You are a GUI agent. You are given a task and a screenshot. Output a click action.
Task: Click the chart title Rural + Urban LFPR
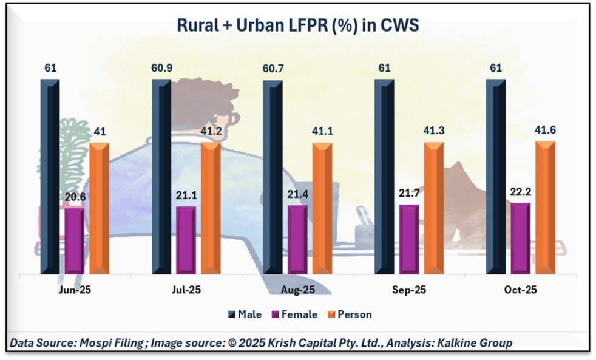297,25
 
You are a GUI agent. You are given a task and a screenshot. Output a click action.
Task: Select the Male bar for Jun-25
50,176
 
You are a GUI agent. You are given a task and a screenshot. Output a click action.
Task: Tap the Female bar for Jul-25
186,240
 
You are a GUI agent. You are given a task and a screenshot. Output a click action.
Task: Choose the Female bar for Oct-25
520,238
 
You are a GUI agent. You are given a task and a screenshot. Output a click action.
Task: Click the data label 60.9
161,67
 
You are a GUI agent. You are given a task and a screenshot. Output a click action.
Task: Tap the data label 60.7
273,67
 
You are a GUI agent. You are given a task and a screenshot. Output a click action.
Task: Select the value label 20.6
75,196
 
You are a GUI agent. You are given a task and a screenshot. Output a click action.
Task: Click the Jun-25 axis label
75,291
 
